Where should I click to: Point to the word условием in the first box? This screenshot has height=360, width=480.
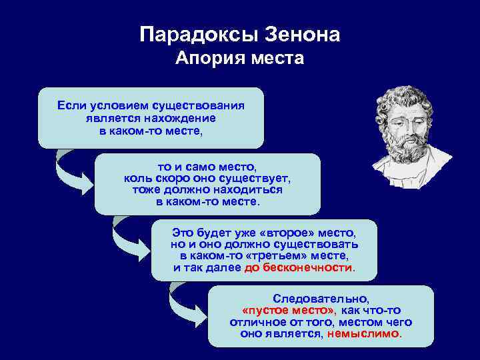point(115,105)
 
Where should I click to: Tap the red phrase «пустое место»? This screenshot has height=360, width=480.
point(288,311)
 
